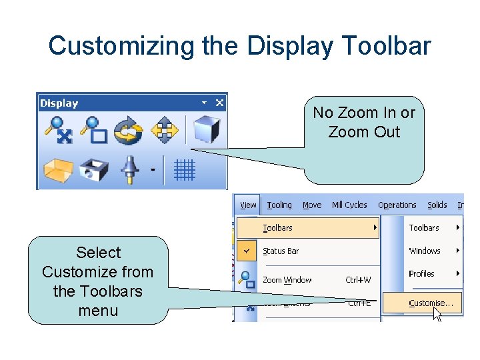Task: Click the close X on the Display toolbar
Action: pyautogui.click(x=219, y=103)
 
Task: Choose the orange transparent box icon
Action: pyautogui.click(x=57, y=171)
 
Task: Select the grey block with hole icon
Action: pyautogui.click(x=93, y=171)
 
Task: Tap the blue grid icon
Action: pyautogui.click(x=184, y=171)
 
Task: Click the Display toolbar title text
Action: pyautogui.click(x=59, y=103)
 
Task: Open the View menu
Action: pyautogui.click(x=248, y=205)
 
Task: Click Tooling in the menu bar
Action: pyautogui.click(x=279, y=205)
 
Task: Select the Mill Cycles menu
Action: pyautogui.click(x=349, y=205)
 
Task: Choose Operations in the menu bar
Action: pyautogui.click(x=397, y=205)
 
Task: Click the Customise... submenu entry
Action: pyautogui.click(x=431, y=303)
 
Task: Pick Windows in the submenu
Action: pyautogui.click(x=425, y=251)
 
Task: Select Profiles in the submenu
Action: pyautogui.click(x=421, y=273)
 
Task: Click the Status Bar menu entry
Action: pyautogui.click(x=281, y=251)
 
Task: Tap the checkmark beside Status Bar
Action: pyautogui.click(x=247, y=251)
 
